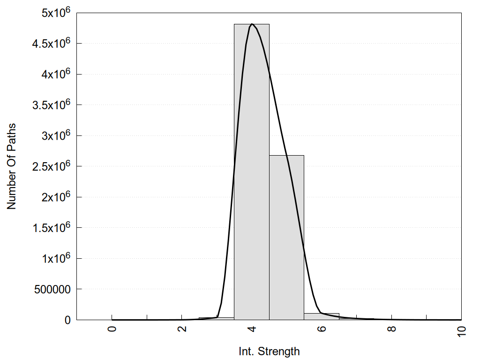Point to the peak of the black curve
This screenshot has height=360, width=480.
point(252,24)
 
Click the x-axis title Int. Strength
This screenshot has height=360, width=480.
point(269,351)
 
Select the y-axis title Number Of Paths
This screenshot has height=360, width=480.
point(11,166)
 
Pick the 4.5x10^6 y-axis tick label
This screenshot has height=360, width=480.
point(51,44)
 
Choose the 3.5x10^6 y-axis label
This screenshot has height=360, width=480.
point(51,105)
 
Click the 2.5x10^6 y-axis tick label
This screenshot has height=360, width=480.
point(51,166)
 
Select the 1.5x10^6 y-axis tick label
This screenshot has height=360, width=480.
point(51,228)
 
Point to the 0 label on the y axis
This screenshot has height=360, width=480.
point(67,320)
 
